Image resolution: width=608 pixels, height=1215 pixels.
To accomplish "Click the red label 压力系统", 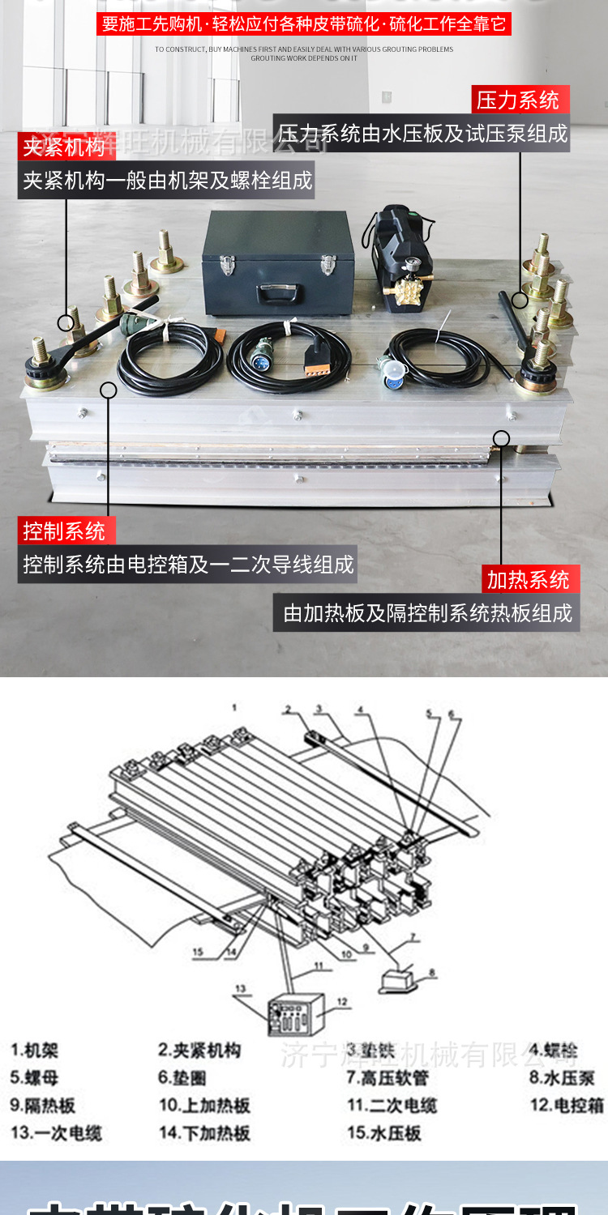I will [x=520, y=100].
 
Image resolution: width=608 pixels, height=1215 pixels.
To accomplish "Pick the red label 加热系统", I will [x=529, y=580].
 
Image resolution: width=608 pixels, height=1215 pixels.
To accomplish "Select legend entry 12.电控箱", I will [x=567, y=1105].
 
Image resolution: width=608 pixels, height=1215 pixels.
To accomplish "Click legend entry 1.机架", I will [x=34, y=1051].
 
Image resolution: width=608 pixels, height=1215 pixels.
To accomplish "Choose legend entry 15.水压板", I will [x=384, y=1132].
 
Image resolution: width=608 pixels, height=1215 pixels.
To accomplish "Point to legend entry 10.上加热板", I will [x=204, y=1105].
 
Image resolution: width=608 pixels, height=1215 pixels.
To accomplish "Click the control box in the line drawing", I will [x=296, y=1013].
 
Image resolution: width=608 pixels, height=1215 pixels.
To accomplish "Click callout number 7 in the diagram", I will [x=413, y=938].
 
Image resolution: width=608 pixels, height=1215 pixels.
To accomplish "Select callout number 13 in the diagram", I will [x=240, y=988].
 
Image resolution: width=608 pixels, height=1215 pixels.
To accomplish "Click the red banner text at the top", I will [x=304, y=23].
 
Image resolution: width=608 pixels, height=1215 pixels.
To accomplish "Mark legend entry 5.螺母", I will [x=34, y=1078].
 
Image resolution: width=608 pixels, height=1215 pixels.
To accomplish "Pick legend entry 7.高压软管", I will [x=387, y=1078].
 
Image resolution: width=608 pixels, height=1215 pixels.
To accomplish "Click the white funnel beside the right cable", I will [x=394, y=371].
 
